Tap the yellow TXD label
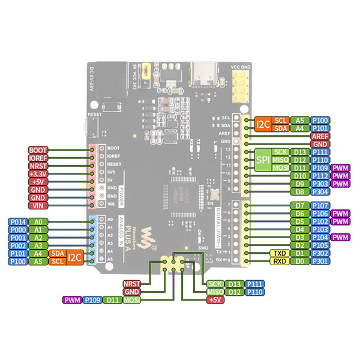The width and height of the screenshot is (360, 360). click(x=280, y=253)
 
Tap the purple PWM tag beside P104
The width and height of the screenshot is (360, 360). click(x=341, y=238)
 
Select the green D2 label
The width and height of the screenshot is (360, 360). click(x=300, y=245)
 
